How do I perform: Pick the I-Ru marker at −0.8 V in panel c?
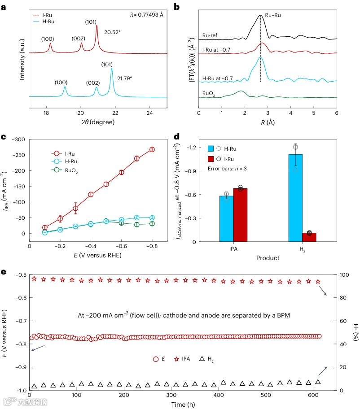(152, 149)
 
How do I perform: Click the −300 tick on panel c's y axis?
(18, 140)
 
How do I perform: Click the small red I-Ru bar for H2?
(309, 237)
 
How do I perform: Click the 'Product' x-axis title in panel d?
(268, 258)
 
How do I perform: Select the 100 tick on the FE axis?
(342, 275)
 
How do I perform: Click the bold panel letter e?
(4, 272)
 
